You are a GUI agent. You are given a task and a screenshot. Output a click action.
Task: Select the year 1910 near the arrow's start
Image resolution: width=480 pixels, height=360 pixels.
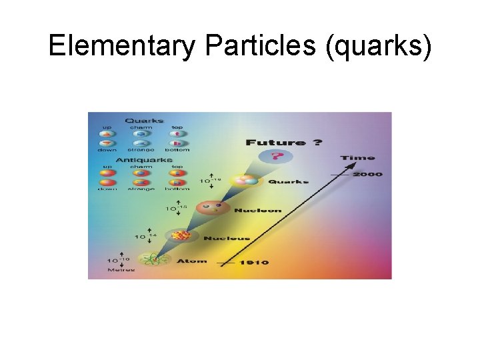tap(254, 263)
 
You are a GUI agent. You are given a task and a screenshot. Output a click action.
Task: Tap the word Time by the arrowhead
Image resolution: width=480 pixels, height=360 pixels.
tap(358, 158)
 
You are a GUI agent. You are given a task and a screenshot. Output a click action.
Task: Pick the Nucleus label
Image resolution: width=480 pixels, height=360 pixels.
tap(226, 238)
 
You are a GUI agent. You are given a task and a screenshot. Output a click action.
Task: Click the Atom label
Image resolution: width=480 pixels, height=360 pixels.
tap(192, 261)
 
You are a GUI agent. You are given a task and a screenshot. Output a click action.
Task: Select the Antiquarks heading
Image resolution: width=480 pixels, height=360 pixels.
tap(141, 161)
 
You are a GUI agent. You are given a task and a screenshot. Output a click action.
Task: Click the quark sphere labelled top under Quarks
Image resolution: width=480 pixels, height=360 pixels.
tap(177, 133)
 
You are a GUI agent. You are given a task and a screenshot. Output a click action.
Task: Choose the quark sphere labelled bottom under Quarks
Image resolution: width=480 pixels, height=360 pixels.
tap(177, 143)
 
